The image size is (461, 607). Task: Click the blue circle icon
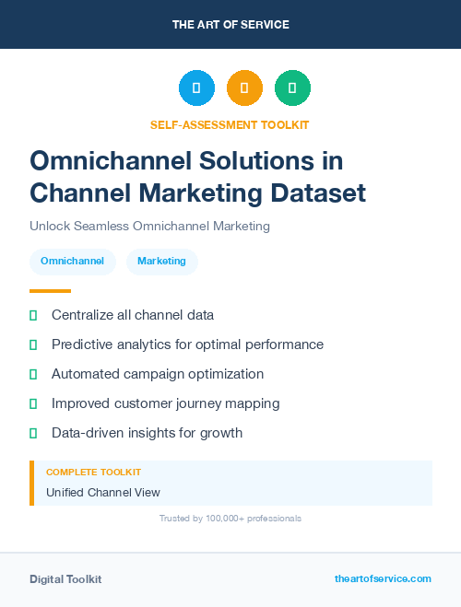click(196, 88)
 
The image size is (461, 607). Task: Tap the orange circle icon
click(244, 88)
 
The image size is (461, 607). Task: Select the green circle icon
click(292, 88)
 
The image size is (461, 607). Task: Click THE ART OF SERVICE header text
click(230, 24)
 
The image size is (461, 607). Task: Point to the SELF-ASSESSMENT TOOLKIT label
click(230, 124)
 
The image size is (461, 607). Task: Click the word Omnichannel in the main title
click(102, 160)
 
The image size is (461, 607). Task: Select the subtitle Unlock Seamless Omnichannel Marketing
click(149, 226)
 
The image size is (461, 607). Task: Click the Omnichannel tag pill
click(72, 262)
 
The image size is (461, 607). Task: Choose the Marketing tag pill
click(161, 262)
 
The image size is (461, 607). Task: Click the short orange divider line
click(50, 291)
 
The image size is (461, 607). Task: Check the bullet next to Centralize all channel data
click(33, 315)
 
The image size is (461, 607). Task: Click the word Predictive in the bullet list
click(80, 344)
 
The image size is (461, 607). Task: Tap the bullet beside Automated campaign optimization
click(33, 374)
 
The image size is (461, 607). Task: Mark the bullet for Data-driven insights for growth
click(33, 433)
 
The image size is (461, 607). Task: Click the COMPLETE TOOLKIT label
click(93, 472)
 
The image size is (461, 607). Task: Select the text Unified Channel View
click(102, 493)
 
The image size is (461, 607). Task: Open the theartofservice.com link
click(383, 578)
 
